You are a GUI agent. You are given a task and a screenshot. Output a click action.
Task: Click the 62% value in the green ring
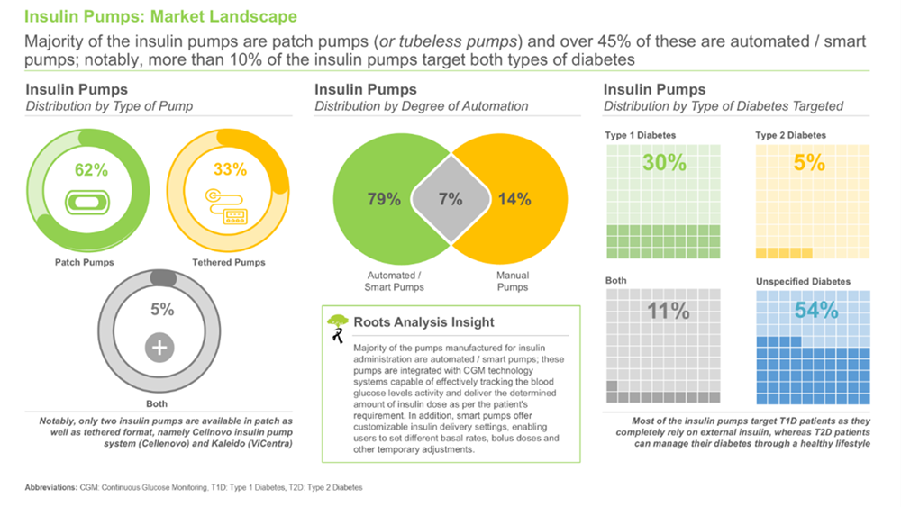click(91, 169)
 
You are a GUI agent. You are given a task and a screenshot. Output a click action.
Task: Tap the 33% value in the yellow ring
click(230, 169)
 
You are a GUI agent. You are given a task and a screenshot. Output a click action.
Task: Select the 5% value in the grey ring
click(161, 310)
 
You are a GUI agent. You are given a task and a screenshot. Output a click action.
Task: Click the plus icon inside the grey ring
click(160, 348)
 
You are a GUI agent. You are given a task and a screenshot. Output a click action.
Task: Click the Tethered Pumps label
click(229, 263)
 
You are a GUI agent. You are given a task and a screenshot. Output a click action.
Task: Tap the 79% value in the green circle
click(384, 200)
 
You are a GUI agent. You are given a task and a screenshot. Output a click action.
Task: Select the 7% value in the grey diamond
click(450, 200)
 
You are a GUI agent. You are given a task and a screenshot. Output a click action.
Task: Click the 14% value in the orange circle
click(514, 200)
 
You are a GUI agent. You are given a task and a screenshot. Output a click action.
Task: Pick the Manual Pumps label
click(513, 281)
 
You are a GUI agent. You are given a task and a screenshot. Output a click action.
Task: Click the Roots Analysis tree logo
click(337, 327)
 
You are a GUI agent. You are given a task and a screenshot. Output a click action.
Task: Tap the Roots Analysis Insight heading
click(423, 321)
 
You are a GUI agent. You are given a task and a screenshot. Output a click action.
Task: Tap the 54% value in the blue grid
click(816, 312)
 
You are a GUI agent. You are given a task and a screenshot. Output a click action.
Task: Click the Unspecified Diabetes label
click(803, 282)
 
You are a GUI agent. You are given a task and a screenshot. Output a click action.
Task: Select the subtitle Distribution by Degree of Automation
click(421, 106)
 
